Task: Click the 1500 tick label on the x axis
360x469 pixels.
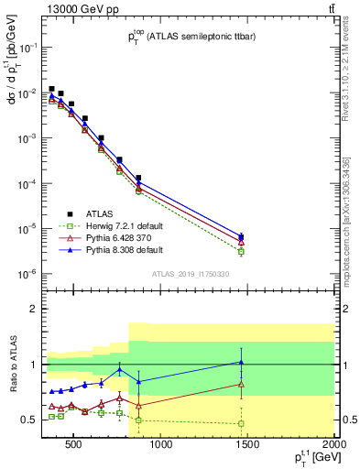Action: [x=247, y=447]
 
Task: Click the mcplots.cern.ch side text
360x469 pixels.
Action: [x=345, y=220]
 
